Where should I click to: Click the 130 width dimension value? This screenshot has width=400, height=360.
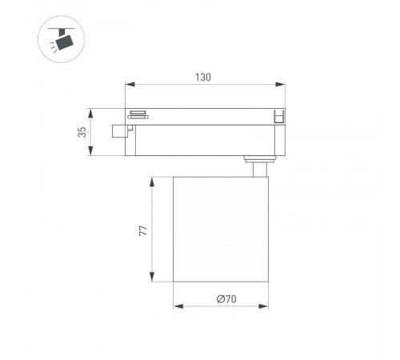(x=202, y=77)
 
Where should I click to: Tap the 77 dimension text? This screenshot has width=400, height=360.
(x=142, y=230)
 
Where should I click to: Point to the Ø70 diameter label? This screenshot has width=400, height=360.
(x=226, y=299)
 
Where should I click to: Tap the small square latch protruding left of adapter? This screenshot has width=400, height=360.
(x=121, y=129)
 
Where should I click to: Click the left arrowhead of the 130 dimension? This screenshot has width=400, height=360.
(x=129, y=84)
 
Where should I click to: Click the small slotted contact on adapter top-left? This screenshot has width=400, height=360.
(x=138, y=114)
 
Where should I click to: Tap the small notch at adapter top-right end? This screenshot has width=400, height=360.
(x=279, y=116)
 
